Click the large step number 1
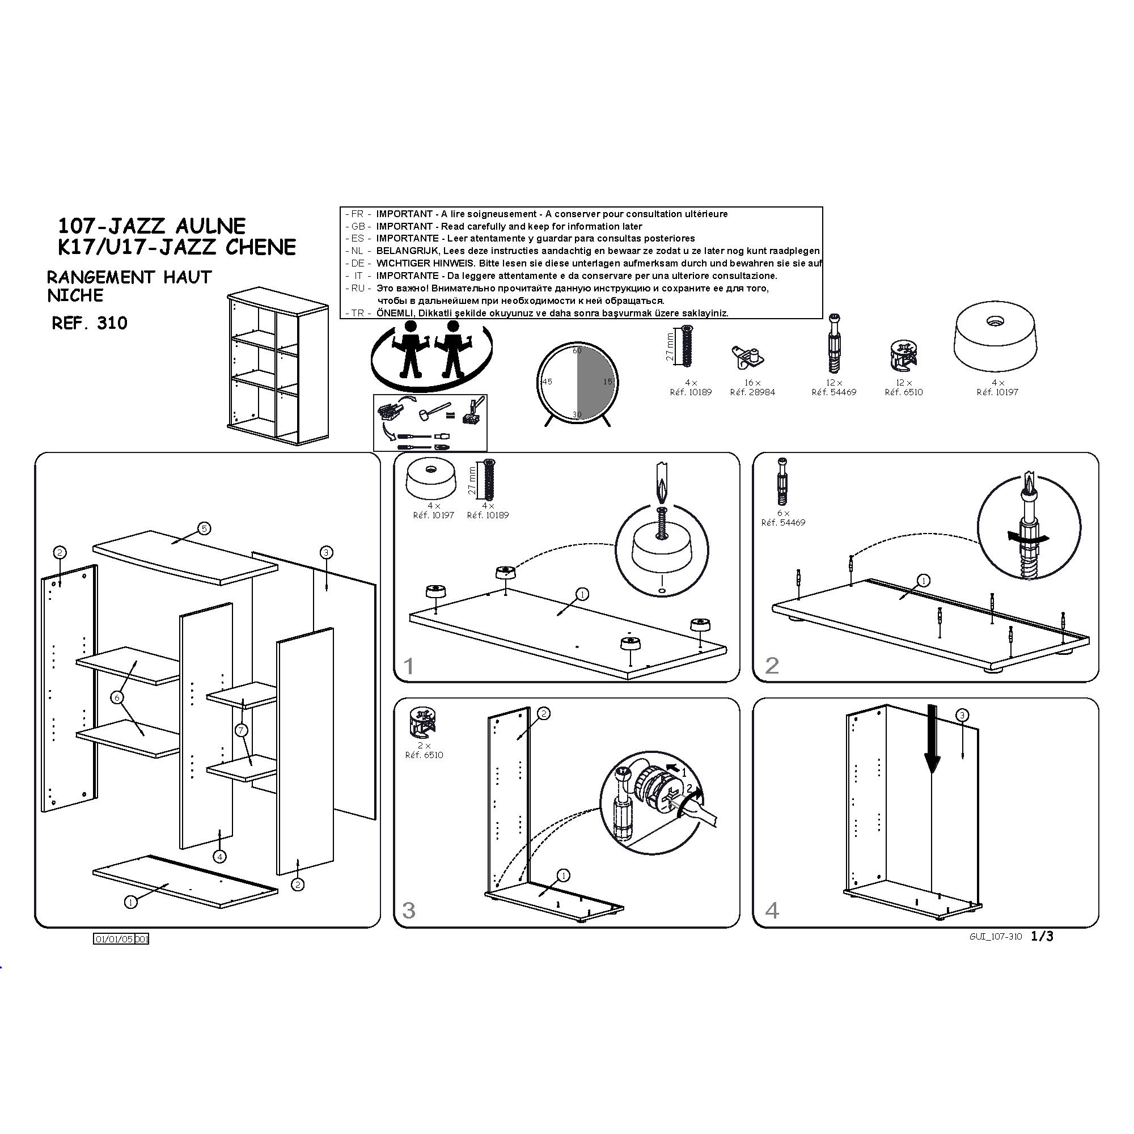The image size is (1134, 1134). (x=409, y=666)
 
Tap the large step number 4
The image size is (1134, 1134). (x=772, y=911)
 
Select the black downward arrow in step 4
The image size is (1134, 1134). (x=932, y=739)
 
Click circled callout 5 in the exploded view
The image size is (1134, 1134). (x=204, y=528)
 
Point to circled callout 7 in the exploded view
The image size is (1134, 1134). (x=241, y=730)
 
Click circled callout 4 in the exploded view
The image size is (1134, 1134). (x=219, y=857)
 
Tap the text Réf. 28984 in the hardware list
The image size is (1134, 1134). (x=752, y=392)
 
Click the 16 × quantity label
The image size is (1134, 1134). (x=752, y=383)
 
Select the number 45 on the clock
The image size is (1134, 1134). (x=547, y=382)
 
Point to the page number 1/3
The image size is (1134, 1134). (x=1042, y=936)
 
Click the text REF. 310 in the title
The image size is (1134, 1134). (x=90, y=323)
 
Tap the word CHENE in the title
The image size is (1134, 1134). (x=261, y=247)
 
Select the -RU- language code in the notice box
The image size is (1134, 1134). (x=357, y=288)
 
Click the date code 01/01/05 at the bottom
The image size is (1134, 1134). (x=114, y=939)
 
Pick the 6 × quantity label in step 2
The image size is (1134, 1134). (x=783, y=513)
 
